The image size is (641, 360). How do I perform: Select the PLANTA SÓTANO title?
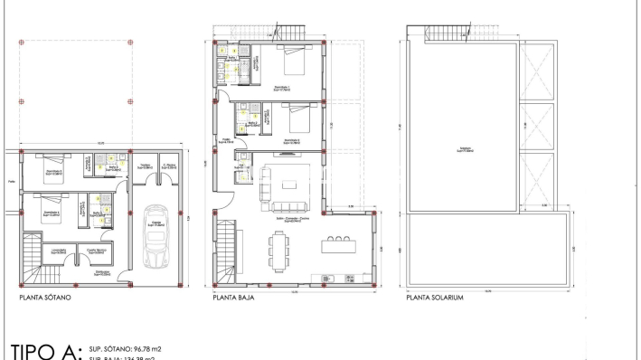(x=45, y=296)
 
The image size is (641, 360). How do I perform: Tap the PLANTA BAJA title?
(x=234, y=296)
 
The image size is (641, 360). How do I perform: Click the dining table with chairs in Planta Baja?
(x=278, y=249)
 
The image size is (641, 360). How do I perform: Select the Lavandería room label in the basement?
(x=58, y=251)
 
